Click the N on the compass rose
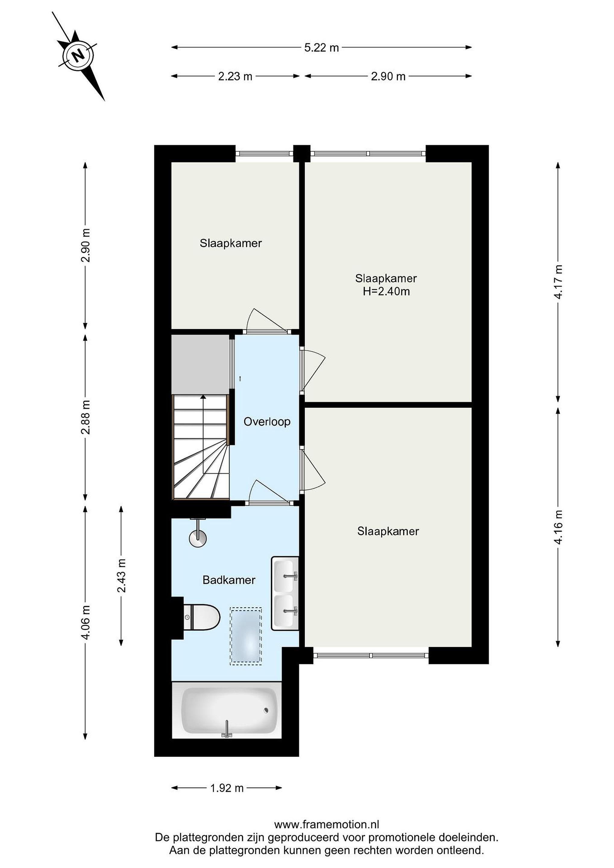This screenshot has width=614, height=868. coord(78,56)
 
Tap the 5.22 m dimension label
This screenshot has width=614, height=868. coord(321,48)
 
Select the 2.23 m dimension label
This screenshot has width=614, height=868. coord(235,76)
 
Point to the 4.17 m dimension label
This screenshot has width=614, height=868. coord(558,281)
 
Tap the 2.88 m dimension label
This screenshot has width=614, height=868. coord(86,417)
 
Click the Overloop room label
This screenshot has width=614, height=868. coord(267,422)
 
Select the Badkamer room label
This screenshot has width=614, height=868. coord(229,580)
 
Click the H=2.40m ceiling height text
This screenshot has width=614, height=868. coord(386,291)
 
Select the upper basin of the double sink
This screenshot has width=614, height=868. coord(285,575)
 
